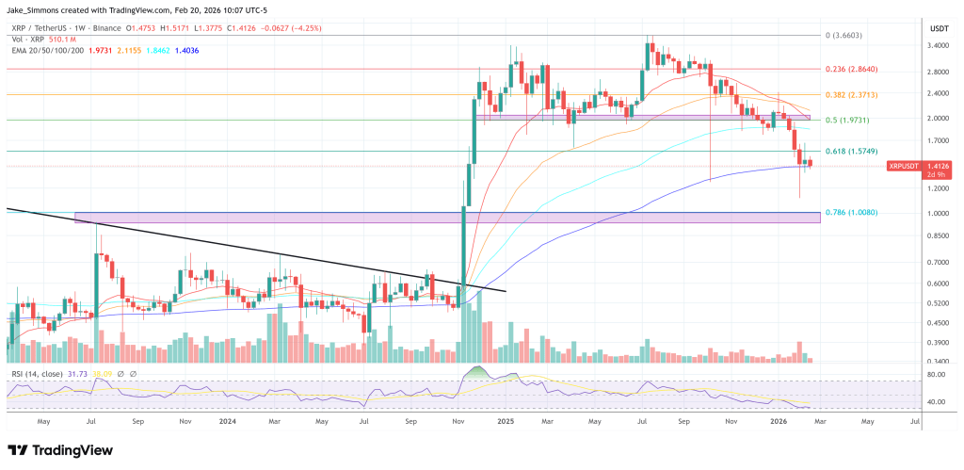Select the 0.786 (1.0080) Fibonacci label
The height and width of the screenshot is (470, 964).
pyautogui.click(x=851, y=213)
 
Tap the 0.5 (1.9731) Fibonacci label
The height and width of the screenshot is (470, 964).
pyautogui.click(x=848, y=120)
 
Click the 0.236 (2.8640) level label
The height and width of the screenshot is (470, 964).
pyautogui.click(x=851, y=69)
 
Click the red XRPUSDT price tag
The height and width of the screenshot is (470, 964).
pyautogui.click(x=906, y=166)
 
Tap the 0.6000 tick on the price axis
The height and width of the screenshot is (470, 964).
pyautogui.click(x=938, y=284)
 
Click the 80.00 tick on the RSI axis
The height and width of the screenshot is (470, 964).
pyautogui.click(x=935, y=375)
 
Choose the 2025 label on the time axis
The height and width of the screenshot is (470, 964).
pyautogui.click(x=506, y=423)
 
